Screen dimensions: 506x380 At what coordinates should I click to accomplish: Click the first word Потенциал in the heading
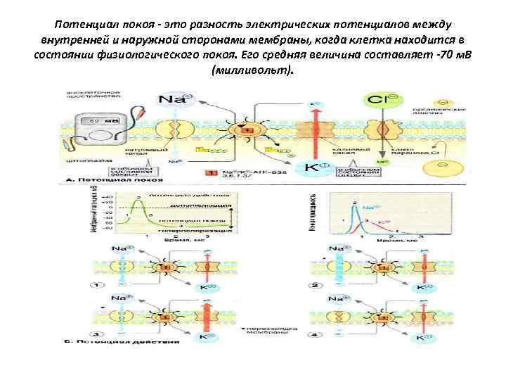(83, 26)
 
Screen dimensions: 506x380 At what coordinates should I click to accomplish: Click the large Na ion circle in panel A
(173, 99)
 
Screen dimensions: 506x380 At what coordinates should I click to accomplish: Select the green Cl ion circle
(380, 100)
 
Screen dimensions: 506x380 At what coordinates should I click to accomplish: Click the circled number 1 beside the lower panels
(100, 285)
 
